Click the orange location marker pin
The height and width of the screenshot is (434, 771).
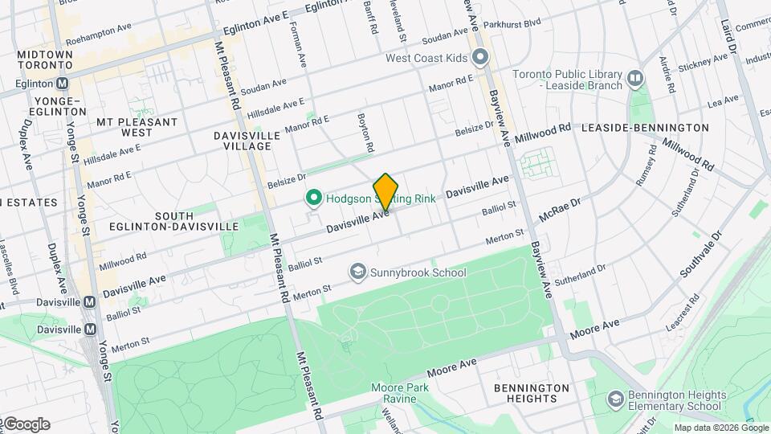click(x=386, y=191)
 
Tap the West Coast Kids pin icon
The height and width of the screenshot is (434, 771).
click(x=480, y=57)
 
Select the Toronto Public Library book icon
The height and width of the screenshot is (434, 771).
click(x=636, y=78)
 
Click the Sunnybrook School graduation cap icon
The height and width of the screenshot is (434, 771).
click(x=357, y=272)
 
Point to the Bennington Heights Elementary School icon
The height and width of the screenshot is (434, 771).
click(x=616, y=399)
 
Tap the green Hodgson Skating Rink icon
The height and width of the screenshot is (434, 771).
click(x=313, y=198)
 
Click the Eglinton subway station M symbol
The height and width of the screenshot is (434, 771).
click(x=63, y=83)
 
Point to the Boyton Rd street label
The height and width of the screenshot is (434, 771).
click(x=366, y=133)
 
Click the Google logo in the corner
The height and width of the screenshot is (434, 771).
click(x=26, y=424)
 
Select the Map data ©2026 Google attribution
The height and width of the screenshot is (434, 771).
click(x=720, y=428)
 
